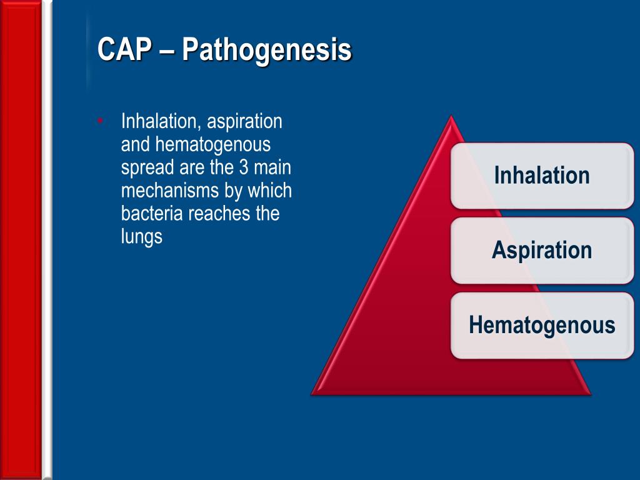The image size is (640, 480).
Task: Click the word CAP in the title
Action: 124,49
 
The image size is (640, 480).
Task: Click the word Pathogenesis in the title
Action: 266,51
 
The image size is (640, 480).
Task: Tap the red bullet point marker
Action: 100,121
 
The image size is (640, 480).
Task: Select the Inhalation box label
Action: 542,176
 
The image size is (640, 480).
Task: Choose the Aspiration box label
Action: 542,250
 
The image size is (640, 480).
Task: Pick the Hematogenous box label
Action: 542,325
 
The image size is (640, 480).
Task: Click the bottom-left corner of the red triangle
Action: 311,395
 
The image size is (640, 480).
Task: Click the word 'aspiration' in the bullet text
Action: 244,122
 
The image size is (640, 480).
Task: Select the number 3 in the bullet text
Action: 244,167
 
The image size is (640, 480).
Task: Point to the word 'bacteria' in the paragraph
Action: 152,214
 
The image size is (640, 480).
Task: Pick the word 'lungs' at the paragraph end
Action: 142,237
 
